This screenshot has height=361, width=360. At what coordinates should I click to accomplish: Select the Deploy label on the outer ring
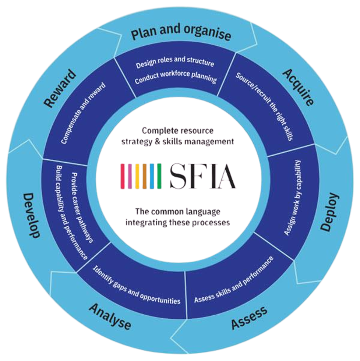[330, 212]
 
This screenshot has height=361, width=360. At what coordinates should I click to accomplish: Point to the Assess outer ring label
[249, 318]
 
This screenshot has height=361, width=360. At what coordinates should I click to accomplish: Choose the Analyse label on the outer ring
[110, 316]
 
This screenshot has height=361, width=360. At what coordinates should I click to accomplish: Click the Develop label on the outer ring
[31, 215]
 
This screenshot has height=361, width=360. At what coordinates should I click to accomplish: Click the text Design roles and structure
[175, 63]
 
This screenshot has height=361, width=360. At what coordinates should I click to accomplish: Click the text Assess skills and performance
[234, 279]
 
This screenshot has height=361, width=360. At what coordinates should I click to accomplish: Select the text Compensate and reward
[83, 113]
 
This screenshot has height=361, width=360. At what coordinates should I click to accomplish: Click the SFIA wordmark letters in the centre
[203, 176]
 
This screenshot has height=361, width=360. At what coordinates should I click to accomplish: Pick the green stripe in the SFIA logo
[159, 176]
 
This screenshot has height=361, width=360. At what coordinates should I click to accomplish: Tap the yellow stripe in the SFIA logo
[137, 176]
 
